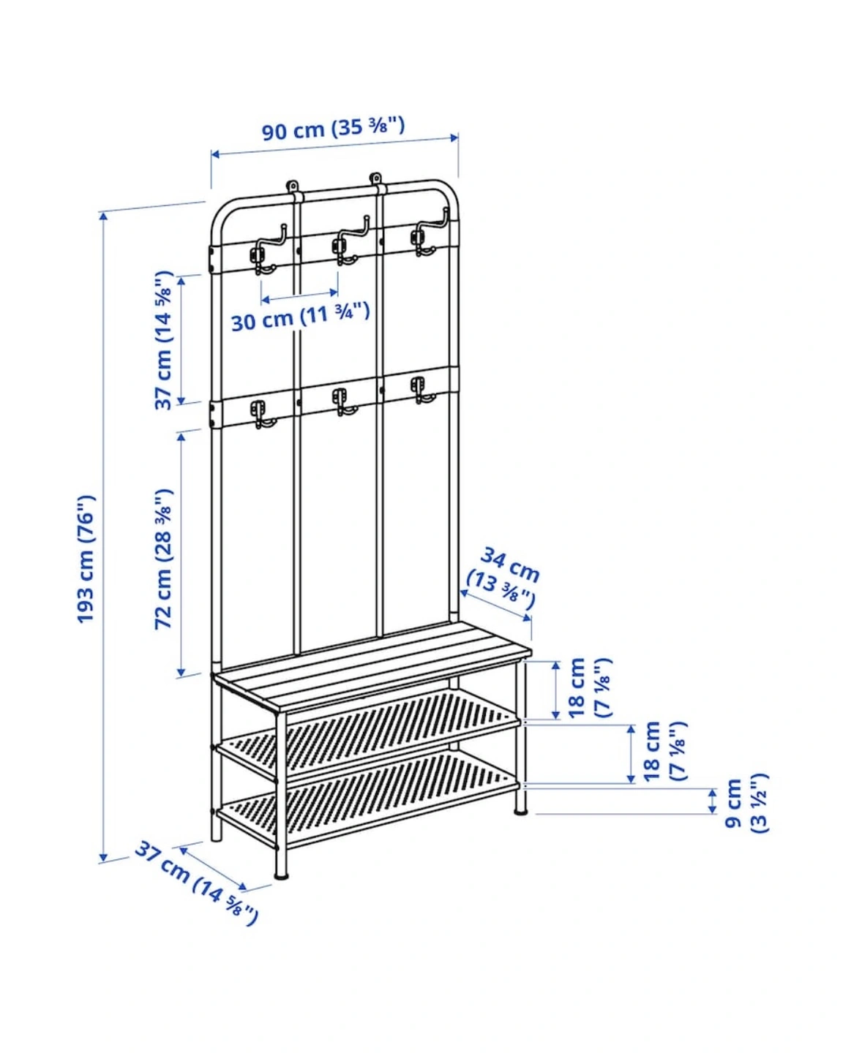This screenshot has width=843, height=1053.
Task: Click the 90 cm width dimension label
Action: (333, 129)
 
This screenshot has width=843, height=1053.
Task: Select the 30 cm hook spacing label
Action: (300, 317)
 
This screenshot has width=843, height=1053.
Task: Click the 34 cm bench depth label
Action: (503, 578)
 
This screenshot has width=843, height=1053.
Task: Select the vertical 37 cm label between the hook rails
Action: (164, 340)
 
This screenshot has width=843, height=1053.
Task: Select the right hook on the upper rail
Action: (429, 233)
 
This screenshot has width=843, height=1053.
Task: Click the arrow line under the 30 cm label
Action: (299, 295)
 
